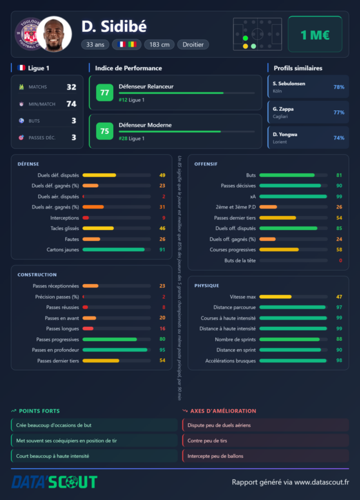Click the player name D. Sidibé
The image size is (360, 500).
tap(114, 26)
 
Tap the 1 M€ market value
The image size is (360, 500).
tap(315, 35)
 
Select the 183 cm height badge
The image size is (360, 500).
tap(160, 44)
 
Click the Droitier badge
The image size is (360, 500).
tap(193, 44)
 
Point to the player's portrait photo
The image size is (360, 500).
tap(54, 34)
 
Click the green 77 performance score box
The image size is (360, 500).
tap(104, 92)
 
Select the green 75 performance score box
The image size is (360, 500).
tap(104, 131)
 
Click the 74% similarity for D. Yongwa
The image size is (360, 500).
tap(339, 138)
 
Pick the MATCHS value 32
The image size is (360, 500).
tap(71, 87)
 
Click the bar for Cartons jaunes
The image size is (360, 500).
tap(117, 250)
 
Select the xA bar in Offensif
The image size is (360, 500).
tap(294, 196)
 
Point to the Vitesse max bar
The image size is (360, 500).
tap(294, 297)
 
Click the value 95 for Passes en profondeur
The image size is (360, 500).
tap(162, 350)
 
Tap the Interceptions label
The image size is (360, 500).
tap(64, 218)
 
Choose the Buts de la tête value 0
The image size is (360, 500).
tap(340, 261)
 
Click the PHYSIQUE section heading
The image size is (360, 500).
tap(207, 286)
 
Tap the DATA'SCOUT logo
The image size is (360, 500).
tap(54, 482)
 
